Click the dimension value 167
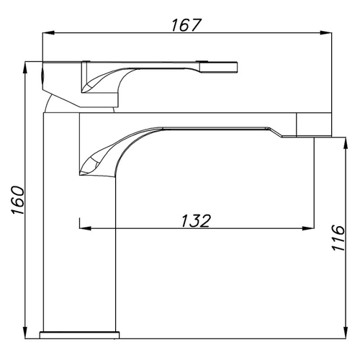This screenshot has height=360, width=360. point(186,25)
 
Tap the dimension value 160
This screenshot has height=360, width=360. point(18,200)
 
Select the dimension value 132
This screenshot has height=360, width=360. point(196,221)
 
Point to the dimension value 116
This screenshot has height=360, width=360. point(338,238)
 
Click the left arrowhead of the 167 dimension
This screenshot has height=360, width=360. point(48,33)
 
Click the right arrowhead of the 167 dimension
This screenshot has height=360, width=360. point(326,33)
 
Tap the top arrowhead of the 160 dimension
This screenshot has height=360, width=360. point(25,68)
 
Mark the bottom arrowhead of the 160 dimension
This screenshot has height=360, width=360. point(25,333)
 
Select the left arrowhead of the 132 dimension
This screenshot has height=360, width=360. point(85,228)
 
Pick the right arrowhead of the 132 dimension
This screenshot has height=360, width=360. point(308,228)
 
